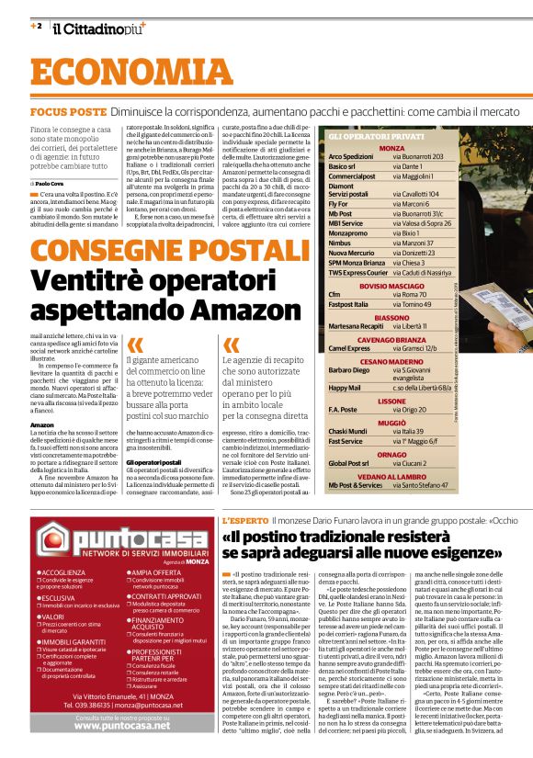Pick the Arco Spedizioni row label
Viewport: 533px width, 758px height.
pyautogui.click(x=351, y=156)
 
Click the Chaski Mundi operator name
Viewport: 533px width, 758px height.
pyautogui.click(x=348, y=431)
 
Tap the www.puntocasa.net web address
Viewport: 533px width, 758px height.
pyautogui.click(x=121, y=725)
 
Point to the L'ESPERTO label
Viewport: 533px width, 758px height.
pyautogui.click(x=244, y=520)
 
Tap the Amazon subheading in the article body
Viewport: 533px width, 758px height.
pyautogui.click(x=41, y=424)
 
